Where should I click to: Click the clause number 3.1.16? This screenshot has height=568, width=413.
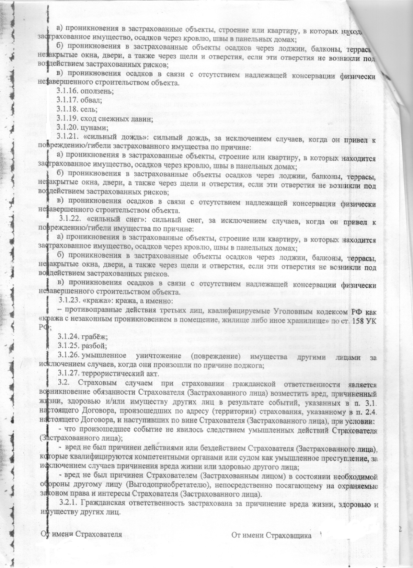(x=68, y=91)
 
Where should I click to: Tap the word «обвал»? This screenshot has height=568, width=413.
(x=92, y=100)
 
